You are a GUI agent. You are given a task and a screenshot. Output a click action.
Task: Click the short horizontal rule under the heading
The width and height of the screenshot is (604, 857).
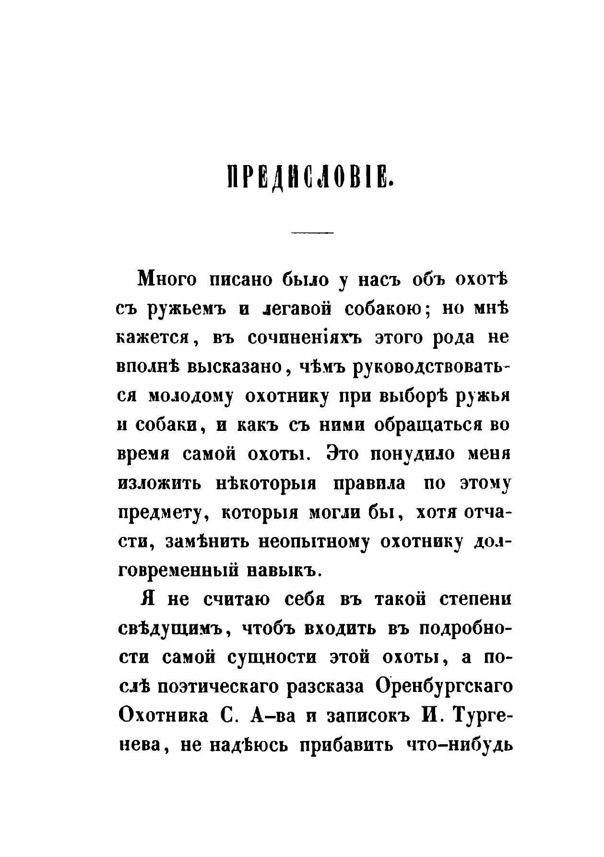pos(312,233)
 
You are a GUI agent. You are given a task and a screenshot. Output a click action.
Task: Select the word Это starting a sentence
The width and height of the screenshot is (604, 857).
pos(342,454)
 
